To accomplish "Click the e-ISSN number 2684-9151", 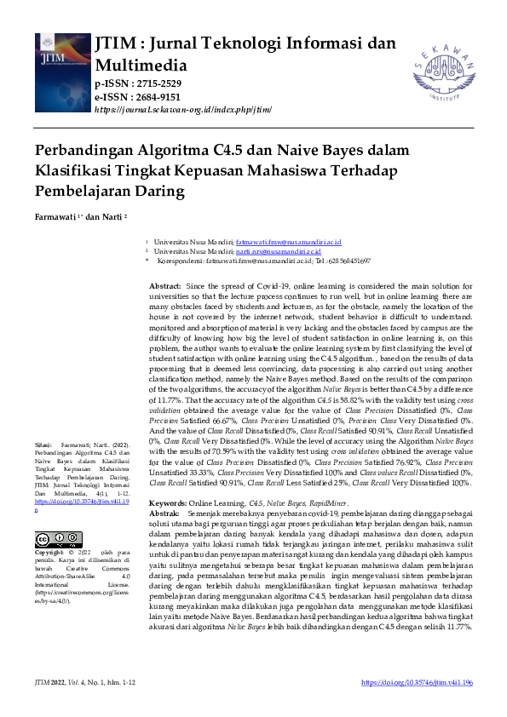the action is coord(149,97).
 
